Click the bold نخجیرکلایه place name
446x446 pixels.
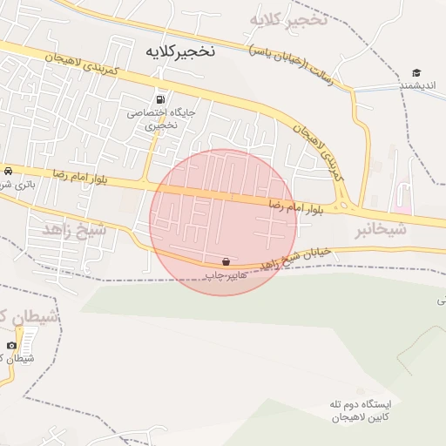click(174, 51)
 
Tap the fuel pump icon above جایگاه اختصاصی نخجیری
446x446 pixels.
click(160, 98)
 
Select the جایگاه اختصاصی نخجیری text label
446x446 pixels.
click(161, 118)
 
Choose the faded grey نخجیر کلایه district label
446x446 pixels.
click(288, 19)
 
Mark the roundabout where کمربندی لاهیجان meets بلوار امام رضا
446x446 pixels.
click(346, 206)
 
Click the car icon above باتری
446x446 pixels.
click(8, 171)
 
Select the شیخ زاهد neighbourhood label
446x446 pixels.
click(73, 230)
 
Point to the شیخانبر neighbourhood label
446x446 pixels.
click(381, 230)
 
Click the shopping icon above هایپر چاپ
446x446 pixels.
click(226, 261)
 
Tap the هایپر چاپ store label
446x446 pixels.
click(223, 275)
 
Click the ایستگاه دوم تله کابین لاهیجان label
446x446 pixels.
click(357, 412)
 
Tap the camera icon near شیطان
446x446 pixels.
click(11, 346)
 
